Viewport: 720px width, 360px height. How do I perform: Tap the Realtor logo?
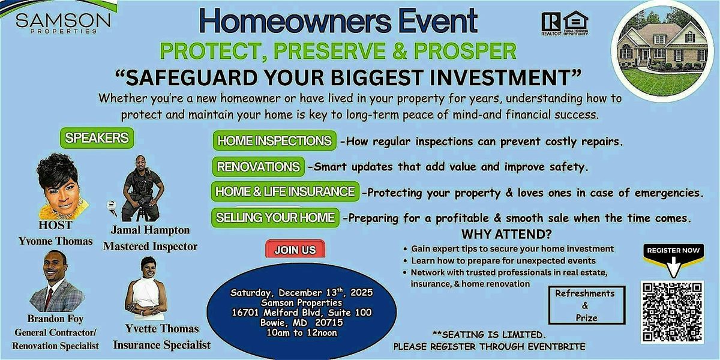[x=551, y=24]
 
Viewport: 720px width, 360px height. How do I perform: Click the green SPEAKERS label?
[x=96, y=138]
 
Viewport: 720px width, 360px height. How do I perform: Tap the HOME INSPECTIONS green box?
[x=274, y=142]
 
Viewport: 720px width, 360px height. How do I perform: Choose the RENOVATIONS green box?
[x=259, y=167]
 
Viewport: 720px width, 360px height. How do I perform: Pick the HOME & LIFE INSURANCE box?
[x=286, y=192]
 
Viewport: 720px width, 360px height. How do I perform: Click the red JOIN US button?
[x=295, y=250]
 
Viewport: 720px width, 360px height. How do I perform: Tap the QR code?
[x=671, y=311]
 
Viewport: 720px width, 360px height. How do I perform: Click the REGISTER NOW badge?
[x=672, y=251]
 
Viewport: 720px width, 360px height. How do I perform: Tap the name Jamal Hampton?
[x=149, y=230]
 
